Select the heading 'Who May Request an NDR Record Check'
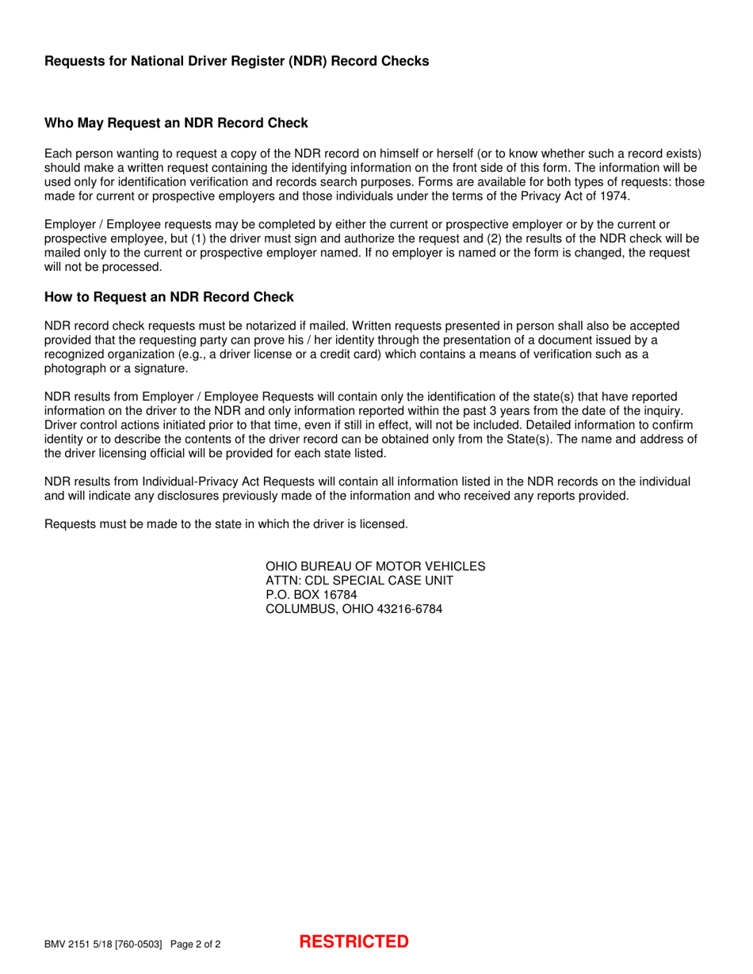[175, 124]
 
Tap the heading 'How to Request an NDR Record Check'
[169, 297]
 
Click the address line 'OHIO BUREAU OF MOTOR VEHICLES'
[375, 567]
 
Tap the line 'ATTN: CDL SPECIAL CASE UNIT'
[359, 581]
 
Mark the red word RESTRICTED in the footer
[354, 942]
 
